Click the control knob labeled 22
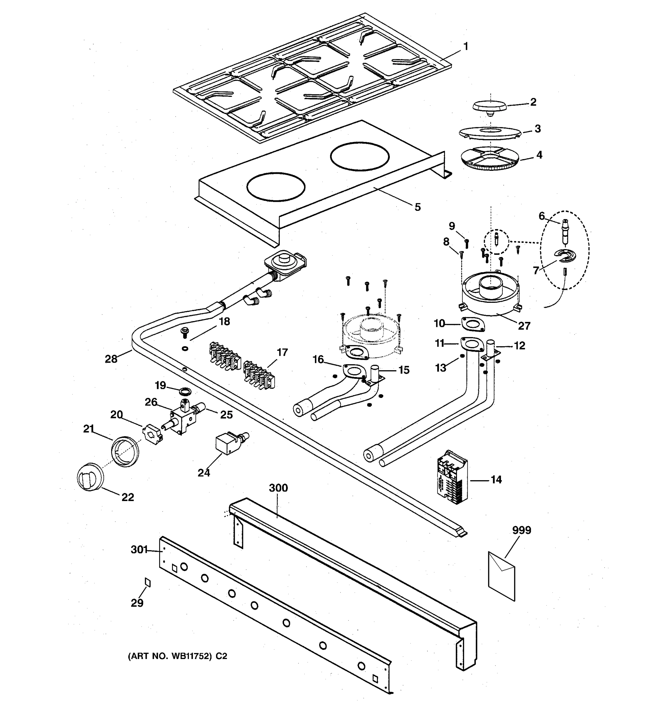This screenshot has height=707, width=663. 90,477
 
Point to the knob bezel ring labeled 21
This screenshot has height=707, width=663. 124,451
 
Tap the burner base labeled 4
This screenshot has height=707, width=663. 491,158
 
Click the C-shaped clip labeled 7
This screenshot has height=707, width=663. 565,255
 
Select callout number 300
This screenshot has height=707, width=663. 278,488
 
